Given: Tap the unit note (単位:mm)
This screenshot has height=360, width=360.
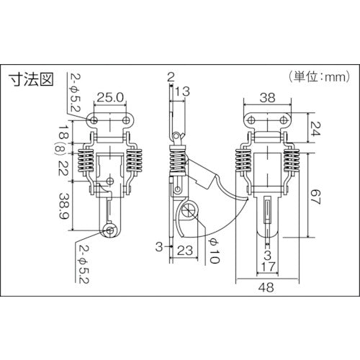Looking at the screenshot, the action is pos(319,77).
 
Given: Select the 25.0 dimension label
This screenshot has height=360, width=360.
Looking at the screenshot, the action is pos(110,98).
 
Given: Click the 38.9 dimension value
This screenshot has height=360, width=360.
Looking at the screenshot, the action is pos(65,206).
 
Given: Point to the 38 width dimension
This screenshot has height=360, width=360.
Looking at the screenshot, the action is pos(267,98).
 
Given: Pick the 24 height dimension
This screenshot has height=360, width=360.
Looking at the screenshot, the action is pos(315,129).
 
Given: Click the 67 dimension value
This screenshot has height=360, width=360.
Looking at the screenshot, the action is pos(315,197).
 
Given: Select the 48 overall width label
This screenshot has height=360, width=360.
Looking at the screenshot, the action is pos(266,287).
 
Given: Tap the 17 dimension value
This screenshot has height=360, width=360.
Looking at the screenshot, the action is pos(268,266).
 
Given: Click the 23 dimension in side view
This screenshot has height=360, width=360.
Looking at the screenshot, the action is pos(185,251).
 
